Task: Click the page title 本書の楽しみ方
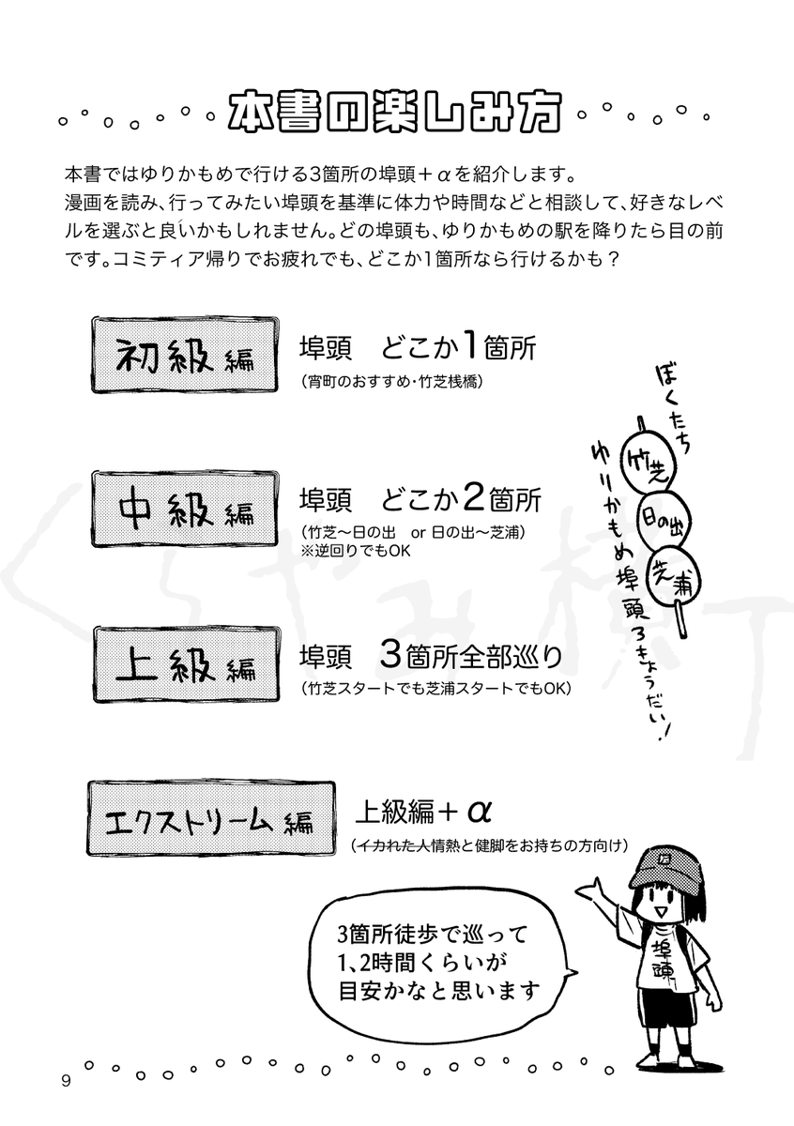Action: pyautogui.click(x=395, y=112)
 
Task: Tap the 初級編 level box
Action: pyautogui.click(x=185, y=355)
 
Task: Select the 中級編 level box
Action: pyautogui.click(x=185, y=510)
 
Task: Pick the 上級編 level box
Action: pyautogui.click(x=186, y=664)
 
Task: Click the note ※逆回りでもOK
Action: pyautogui.click(x=356, y=551)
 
